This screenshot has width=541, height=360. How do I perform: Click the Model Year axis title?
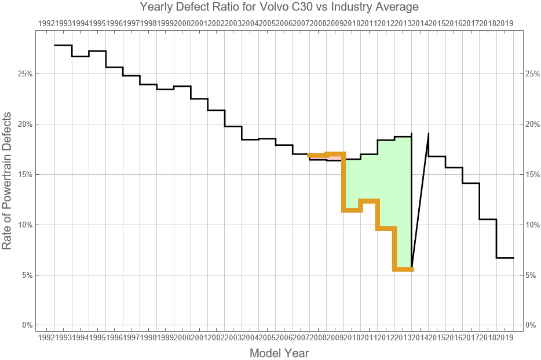tap(279, 353)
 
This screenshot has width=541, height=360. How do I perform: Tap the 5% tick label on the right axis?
tap(532, 275)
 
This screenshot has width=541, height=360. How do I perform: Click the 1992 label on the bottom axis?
tap(46, 337)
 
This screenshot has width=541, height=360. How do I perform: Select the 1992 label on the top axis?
tap(46, 23)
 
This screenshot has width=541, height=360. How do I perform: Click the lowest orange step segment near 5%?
tap(403, 270)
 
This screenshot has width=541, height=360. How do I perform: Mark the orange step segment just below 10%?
tap(386, 229)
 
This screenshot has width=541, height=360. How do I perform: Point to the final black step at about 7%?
tap(505, 258)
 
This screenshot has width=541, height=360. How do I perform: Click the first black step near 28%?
tap(63, 45)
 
